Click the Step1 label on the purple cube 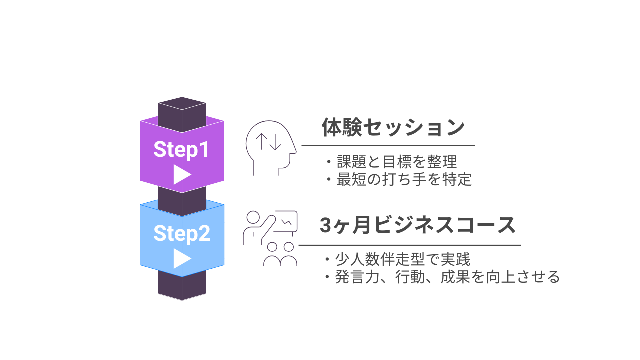coord(181,149)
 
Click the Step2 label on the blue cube coord(181,233)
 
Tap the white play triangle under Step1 coord(182,175)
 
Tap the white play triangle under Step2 coord(182,259)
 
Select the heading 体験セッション coord(393,128)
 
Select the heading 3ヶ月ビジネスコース coord(417,226)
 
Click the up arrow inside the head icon coord(261,142)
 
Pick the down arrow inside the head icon coord(276,142)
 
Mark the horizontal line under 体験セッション coord(388,146)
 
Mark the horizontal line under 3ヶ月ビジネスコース coord(409,245)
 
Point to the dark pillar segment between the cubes coord(182,197)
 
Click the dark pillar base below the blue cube coord(182,287)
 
